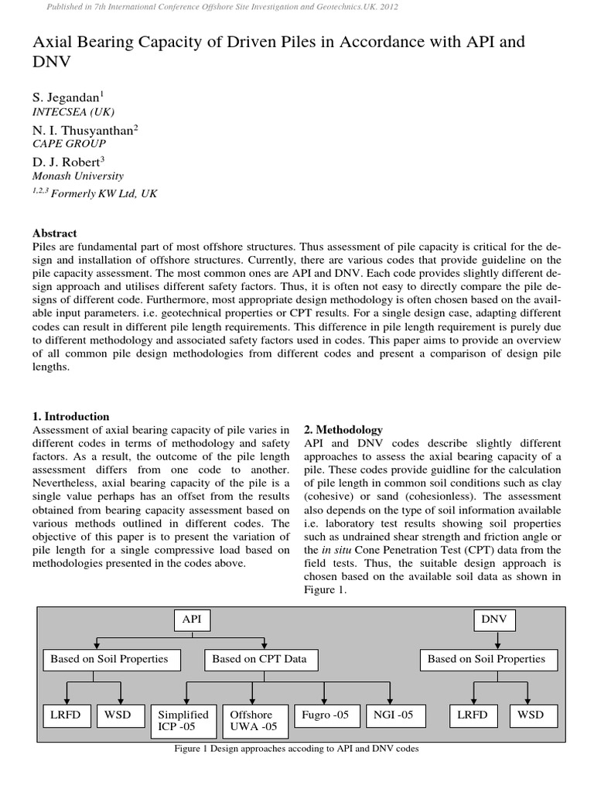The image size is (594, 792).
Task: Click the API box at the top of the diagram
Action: [x=191, y=620]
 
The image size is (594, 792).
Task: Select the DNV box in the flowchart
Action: [x=493, y=620]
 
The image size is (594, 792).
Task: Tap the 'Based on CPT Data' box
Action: [x=259, y=659]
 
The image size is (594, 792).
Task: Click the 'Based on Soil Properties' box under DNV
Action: [x=486, y=659]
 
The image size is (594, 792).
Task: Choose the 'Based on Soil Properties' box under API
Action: [x=109, y=659]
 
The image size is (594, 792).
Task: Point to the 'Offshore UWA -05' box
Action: [x=252, y=721]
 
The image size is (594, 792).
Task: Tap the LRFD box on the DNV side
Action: [x=471, y=715]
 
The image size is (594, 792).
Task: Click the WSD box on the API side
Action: [x=118, y=715]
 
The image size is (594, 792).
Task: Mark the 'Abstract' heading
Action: [x=55, y=233]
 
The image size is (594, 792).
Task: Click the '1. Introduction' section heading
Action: [x=71, y=416]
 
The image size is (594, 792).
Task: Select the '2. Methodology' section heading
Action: [x=343, y=429]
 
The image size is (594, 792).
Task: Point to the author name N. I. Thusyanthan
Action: [x=85, y=130]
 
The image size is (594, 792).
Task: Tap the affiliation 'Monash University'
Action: [x=77, y=176]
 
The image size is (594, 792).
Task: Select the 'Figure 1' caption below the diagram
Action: [x=297, y=749]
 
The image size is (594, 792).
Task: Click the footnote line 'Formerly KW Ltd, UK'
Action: [x=94, y=194]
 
